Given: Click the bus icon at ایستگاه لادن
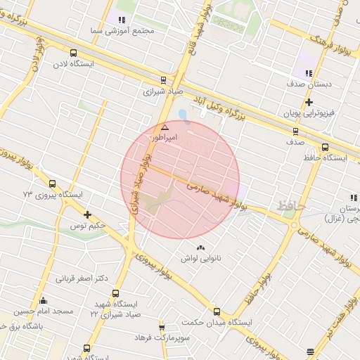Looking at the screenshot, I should click(73, 52).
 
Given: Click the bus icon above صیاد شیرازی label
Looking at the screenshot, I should click(163, 79).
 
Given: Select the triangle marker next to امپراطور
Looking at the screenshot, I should click(165, 127).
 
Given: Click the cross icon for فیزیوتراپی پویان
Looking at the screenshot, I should click(309, 102).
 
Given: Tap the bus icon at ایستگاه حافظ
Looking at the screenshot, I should click(324, 147).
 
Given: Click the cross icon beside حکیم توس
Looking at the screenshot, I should click(87, 214).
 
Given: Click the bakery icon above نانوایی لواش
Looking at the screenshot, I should click(202, 247).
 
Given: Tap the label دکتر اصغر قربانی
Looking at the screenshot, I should click(83, 278).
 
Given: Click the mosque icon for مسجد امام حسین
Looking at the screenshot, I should click(43, 300).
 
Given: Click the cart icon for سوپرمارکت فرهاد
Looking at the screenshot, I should click(162, 327).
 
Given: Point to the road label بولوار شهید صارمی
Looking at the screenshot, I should click(219, 194).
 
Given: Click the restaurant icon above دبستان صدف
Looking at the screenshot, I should click(309, 73).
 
